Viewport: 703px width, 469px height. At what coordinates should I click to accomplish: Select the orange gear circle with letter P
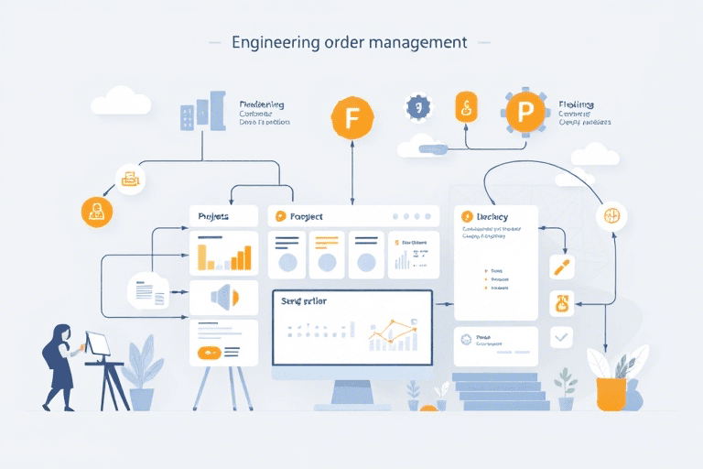[x=525, y=113]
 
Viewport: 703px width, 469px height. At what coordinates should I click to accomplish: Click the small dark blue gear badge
[x=417, y=107]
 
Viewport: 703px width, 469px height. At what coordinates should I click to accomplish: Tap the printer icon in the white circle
[x=129, y=179]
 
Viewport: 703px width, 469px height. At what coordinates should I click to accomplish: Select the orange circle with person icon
[x=96, y=212]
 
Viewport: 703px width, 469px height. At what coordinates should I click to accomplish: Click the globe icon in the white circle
[x=611, y=217]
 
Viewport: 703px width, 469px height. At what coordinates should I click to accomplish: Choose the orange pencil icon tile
[x=561, y=267]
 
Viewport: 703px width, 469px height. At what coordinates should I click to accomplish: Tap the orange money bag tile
[x=561, y=303]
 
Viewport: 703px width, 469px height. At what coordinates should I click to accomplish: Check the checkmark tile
[x=561, y=338]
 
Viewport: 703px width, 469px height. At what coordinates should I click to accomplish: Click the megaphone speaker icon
[x=223, y=296]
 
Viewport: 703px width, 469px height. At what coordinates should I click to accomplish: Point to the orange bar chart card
[x=223, y=253]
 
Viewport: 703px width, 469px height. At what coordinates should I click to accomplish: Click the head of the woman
[x=63, y=333]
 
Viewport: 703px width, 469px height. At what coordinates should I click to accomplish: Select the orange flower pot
[x=611, y=393]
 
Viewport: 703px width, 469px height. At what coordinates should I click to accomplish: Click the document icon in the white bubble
[x=147, y=292]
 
